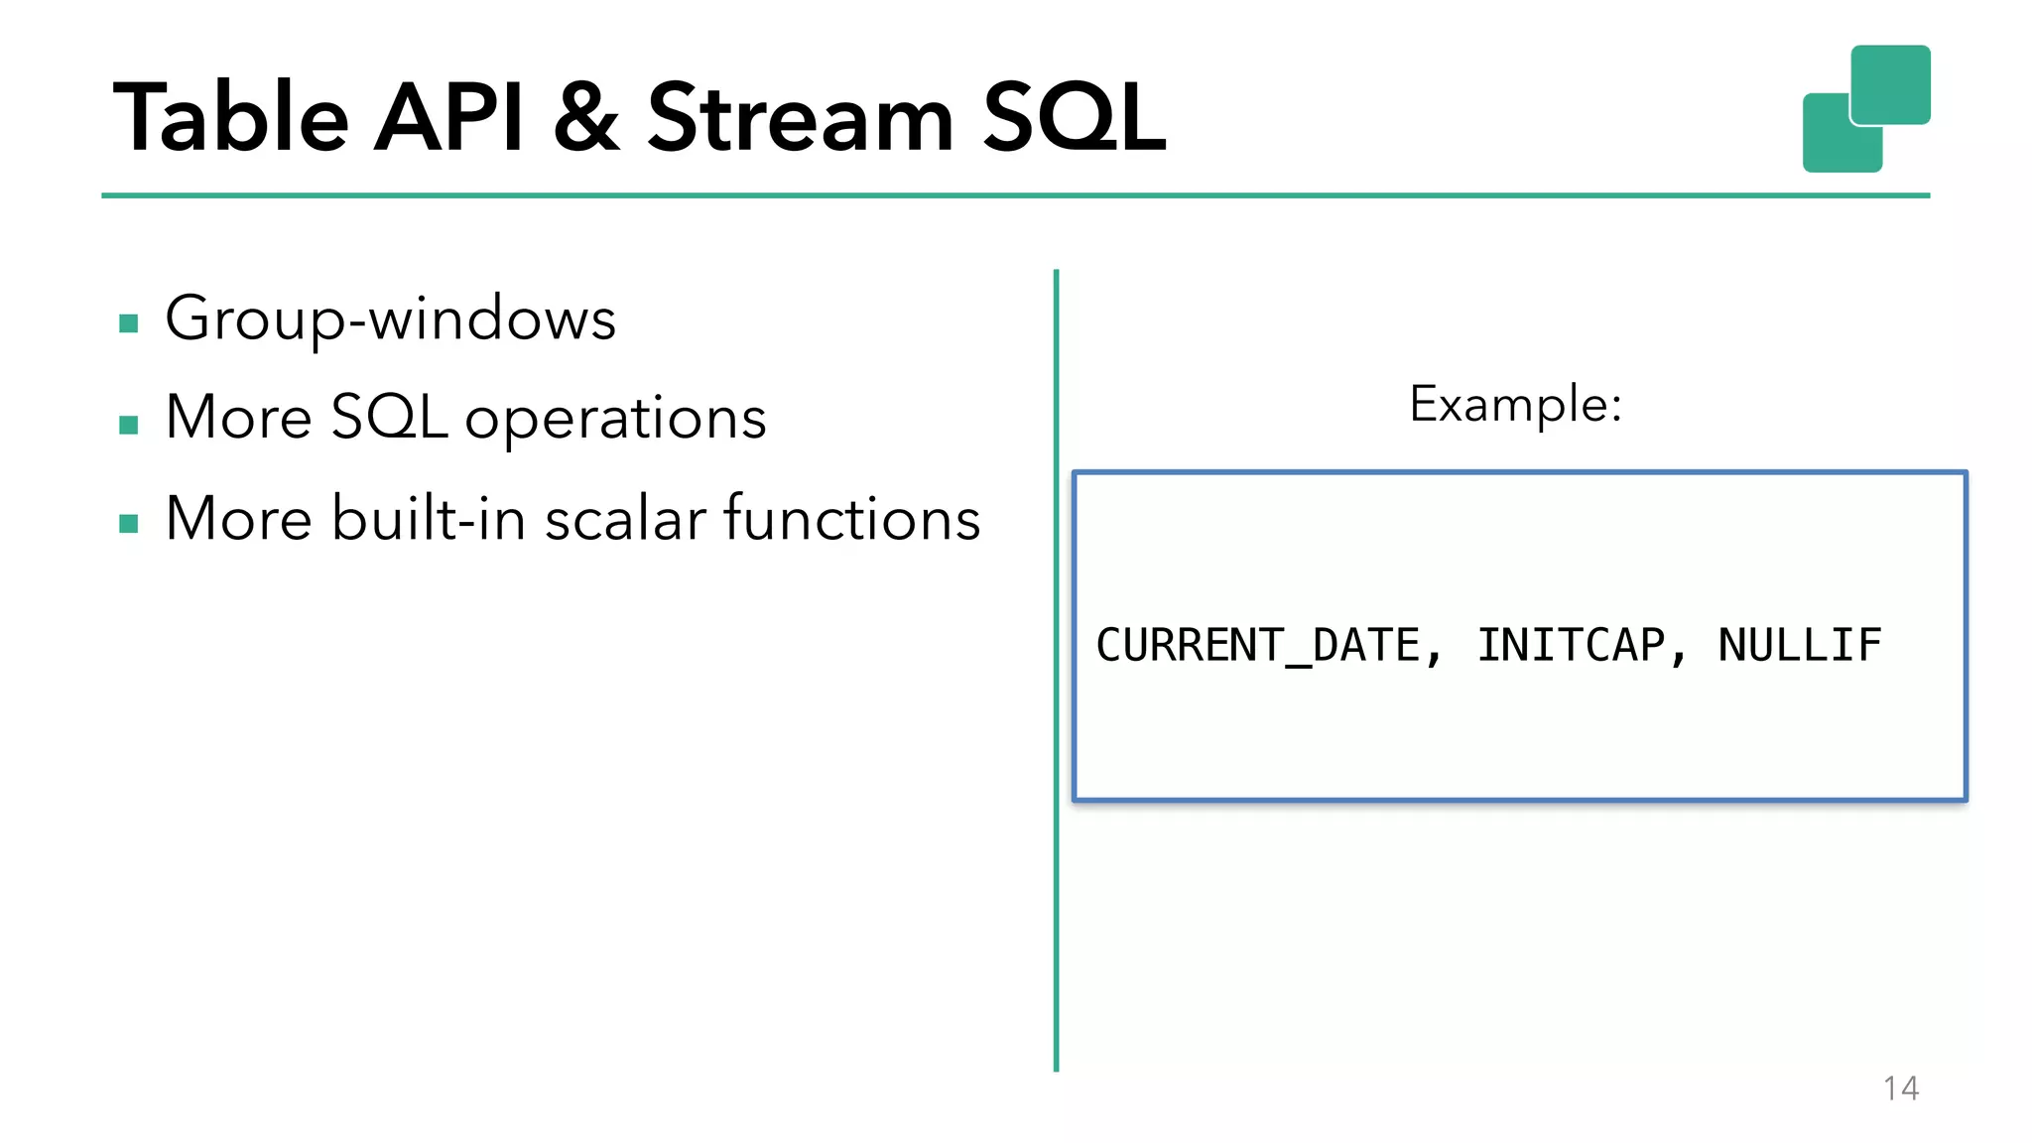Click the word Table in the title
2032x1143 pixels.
[x=230, y=119]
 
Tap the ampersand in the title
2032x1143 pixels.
[x=586, y=119]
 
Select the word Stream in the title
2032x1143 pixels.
[x=800, y=119]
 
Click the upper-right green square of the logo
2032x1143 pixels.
[x=1890, y=83]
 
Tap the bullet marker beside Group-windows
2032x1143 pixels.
[x=128, y=323]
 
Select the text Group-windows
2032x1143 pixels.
[x=390, y=319]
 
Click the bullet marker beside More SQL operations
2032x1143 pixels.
[x=128, y=425]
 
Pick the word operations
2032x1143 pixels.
[x=615, y=419]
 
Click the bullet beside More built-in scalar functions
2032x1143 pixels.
[x=128, y=524]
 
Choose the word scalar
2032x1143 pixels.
[x=625, y=519]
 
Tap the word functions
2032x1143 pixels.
[x=851, y=519]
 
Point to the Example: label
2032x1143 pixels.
[x=1515, y=404]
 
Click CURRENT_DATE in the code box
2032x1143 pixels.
[x=1258, y=646]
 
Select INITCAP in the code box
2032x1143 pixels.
[x=1571, y=646]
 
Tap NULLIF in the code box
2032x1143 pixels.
[x=1799, y=646]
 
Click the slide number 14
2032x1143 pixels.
[x=1900, y=1088]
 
